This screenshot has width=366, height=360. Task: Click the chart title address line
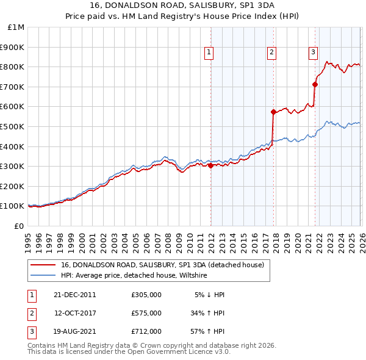tap(183, 5)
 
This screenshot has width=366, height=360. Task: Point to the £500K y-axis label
tap(12, 127)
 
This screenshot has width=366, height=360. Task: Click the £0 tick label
tap(18, 226)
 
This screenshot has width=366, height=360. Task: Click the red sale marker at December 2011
tap(210, 165)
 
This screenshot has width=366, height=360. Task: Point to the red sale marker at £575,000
tap(273, 112)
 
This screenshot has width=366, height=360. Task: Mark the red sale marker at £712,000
tap(315, 84)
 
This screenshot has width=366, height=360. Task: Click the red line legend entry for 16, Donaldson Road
tap(162, 265)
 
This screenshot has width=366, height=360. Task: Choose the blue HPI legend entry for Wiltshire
tap(134, 276)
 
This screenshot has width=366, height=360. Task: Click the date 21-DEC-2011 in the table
tap(74, 294)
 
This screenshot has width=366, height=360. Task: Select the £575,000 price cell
tap(146, 313)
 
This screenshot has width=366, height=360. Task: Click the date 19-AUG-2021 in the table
tap(74, 332)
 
